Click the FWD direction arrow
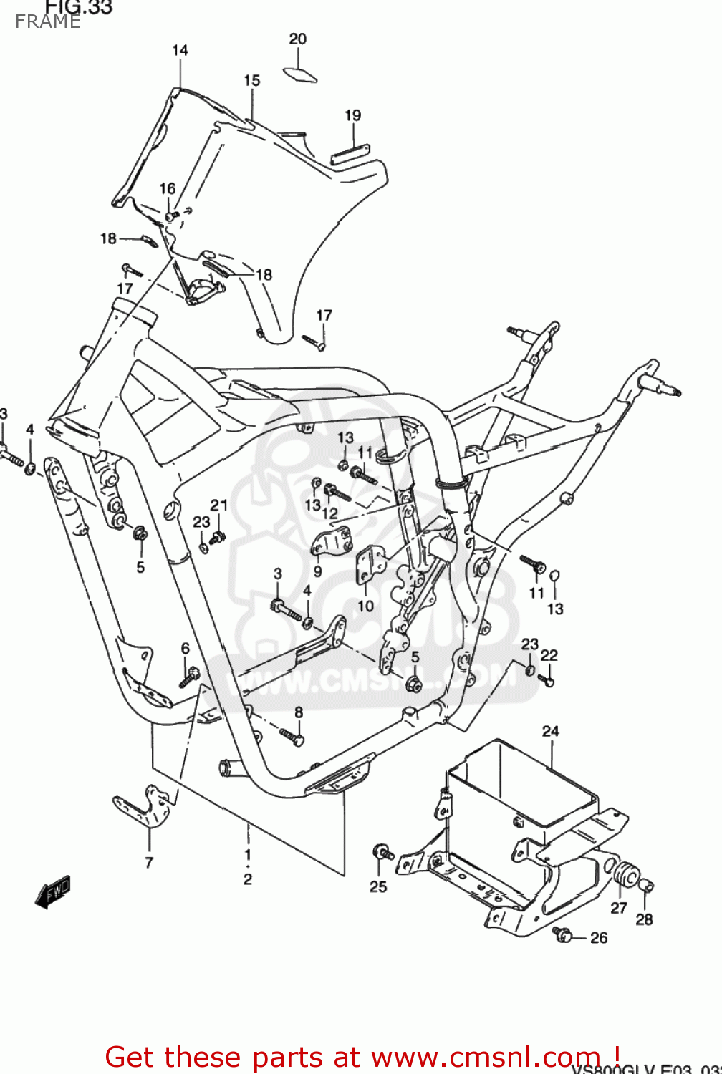pos(53,892)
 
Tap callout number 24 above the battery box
pos(550,731)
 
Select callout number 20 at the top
pos(297,39)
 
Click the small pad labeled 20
pos(300,74)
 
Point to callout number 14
pos(180,50)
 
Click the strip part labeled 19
pos(349,154)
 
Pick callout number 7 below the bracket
pos(149,863)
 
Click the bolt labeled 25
pos(382,853)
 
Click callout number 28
pos(644,919)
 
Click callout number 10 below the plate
pos(365,606)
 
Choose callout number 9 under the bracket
pos(317,571)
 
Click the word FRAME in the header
pos(47,21)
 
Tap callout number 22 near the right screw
pos(549,655)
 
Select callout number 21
pos(218,505)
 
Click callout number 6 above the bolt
pos(185,648)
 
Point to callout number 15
pos(251,80)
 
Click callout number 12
pos(329,513)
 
